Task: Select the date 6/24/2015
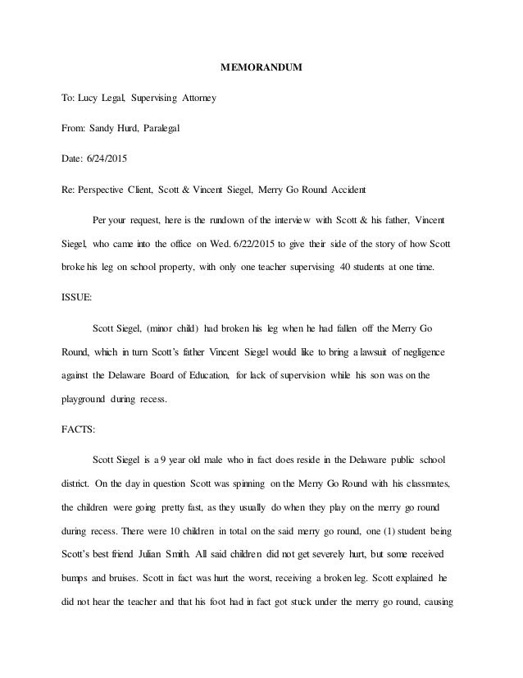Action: pos(117,157)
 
